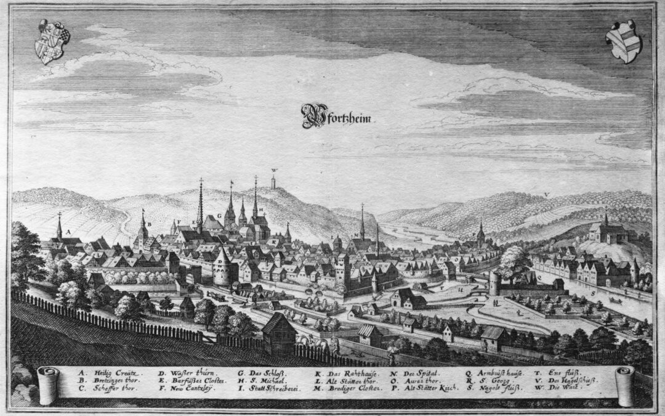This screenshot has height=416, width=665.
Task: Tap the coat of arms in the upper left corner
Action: tap(52, 42)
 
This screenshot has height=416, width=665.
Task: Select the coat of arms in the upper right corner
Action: tap(623, 41)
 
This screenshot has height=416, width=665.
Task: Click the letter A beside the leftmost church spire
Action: tap(69, 232)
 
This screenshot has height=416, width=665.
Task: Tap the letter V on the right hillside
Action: tap(546, 195)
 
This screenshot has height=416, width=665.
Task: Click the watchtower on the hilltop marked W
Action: tap(274, 182)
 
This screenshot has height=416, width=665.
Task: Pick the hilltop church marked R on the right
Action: tap(607, 230)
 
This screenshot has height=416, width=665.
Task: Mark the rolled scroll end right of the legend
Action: tap(624, 383)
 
